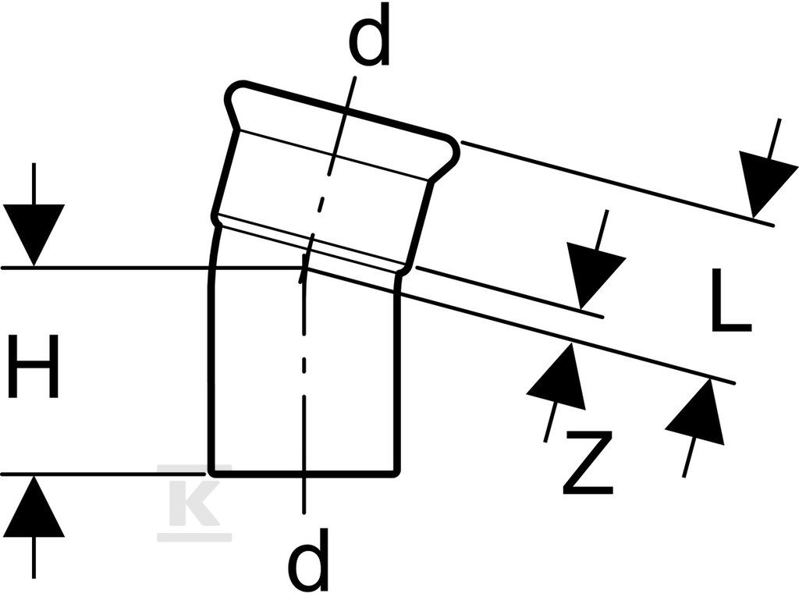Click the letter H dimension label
click(34, 365)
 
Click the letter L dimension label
click(730, 300)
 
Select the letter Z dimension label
click(588, 463)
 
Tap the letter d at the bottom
click(307, 559)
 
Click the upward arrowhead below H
click(34, 506)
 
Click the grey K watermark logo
click(194, 502)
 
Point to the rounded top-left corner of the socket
click(233, 90)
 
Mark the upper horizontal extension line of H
click(153, 267)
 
